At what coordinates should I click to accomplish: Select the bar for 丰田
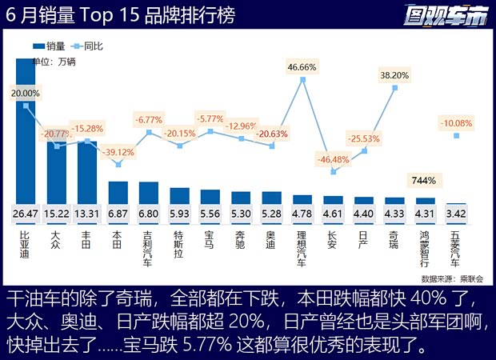[x=87, y=176]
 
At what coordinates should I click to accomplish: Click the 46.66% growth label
[x=302, y=66]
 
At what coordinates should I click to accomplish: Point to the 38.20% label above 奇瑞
[x=394, y=75]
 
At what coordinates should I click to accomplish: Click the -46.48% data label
[x=333, y=159]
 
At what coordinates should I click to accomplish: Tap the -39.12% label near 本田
[x=118, y=152]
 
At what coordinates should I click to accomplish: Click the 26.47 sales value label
[x=26, y=214]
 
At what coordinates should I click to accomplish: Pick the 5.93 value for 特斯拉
[x=179, y=214]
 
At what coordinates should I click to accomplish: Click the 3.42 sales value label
[x=456, y=214]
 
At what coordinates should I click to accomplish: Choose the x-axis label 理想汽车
[x=302, y=249]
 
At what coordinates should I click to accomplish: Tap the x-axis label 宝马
[x=210, y=240]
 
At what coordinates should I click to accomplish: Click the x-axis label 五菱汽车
[x=455, y=249]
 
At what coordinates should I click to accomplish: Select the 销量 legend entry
[x=51, y=46]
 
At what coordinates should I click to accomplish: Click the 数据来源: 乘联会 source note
[x=452, y=278]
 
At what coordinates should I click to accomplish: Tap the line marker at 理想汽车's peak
[x=302, y=79]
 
